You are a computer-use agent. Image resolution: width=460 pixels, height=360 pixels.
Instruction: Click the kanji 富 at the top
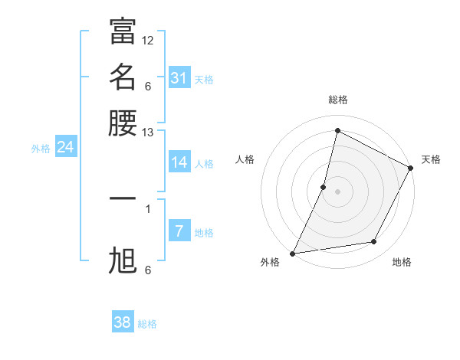[x=123, y=31]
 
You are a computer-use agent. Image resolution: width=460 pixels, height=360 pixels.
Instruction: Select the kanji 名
[x=123, y=77]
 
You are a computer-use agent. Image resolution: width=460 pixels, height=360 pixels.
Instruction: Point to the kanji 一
[x=123, y=198]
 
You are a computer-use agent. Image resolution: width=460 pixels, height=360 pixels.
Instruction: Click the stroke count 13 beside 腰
[x=148, y=133]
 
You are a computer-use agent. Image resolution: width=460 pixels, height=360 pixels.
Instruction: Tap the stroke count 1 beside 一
[x=148, y=208]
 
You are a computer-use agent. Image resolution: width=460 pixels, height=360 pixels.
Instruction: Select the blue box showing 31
[x=179, y=78]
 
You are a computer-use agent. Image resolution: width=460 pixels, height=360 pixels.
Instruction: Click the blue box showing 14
[x=179, y=162]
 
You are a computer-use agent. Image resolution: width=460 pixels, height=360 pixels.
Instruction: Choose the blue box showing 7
[x=179, y=231]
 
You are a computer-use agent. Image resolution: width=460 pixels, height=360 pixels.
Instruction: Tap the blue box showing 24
[x=65, y=147]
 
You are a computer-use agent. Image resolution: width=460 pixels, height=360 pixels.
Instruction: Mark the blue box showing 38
[x=123, y=322]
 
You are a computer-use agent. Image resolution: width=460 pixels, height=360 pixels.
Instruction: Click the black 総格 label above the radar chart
[x=337, y=100]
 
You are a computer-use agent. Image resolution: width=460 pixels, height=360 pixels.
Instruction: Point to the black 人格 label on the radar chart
[x=245, y=159]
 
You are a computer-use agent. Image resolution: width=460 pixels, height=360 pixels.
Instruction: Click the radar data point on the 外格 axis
[x=293, y=253]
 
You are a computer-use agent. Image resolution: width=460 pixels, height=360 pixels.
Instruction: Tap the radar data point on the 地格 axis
[x=374, y=242]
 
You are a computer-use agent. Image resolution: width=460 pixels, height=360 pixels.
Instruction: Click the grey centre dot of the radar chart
[x=337, y=191]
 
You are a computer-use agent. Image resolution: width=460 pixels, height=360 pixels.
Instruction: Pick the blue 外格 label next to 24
[x=41, y=149]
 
